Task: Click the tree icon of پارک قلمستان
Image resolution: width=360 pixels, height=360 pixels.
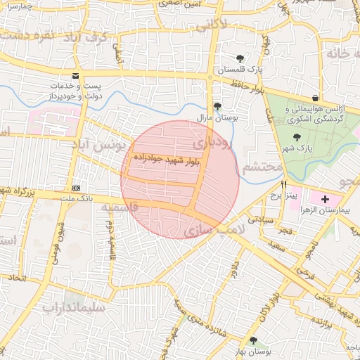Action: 240,58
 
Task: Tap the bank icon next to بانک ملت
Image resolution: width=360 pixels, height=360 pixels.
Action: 76,188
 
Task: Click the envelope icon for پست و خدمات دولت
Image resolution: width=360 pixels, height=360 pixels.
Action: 76,76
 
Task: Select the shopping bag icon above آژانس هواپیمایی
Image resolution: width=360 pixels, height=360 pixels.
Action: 314,98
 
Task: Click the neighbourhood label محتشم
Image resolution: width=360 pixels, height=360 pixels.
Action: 262,169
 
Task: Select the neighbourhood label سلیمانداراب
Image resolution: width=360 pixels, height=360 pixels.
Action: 73,307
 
